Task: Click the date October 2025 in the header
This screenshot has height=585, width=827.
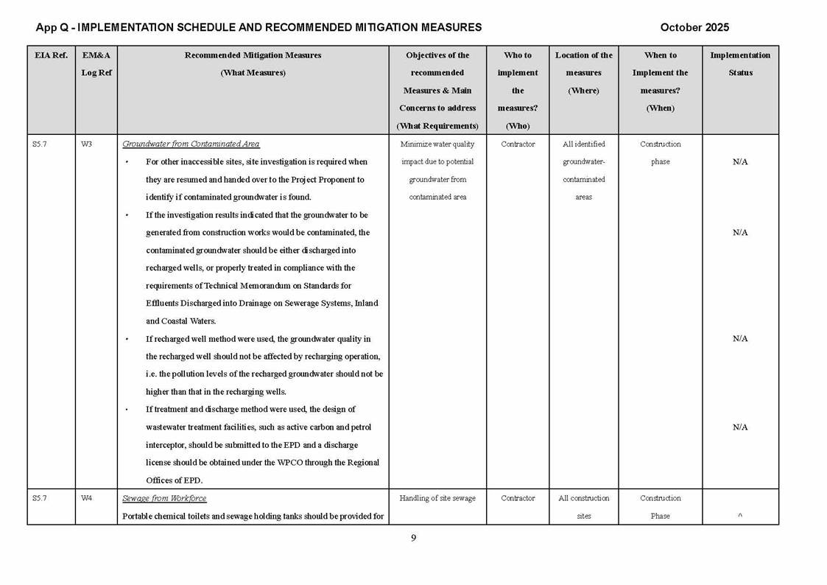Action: coord(694,27)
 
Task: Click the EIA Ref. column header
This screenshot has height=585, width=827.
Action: coord(51,55)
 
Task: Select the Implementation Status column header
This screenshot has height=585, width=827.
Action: coord(740,63)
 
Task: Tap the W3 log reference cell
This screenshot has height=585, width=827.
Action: coord(86,144)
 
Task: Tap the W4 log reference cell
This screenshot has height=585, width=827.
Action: coord(86,498)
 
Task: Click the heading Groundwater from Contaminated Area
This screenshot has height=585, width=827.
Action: coord(191,144)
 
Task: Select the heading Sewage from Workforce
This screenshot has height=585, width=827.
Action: coord(164,498)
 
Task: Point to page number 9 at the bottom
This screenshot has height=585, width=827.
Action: coord(413,538)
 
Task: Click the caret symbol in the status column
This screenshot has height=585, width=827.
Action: coord(739,516)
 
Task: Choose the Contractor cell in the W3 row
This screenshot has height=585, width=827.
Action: coord(518,144)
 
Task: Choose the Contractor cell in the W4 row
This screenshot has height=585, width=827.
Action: coord(518,498)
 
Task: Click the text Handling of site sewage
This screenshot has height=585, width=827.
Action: coord(437,498)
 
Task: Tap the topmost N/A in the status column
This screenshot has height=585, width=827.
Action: coord(740,162)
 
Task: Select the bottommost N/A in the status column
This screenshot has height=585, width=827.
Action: coord(740,427)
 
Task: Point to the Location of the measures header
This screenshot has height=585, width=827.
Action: coord(583,72)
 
